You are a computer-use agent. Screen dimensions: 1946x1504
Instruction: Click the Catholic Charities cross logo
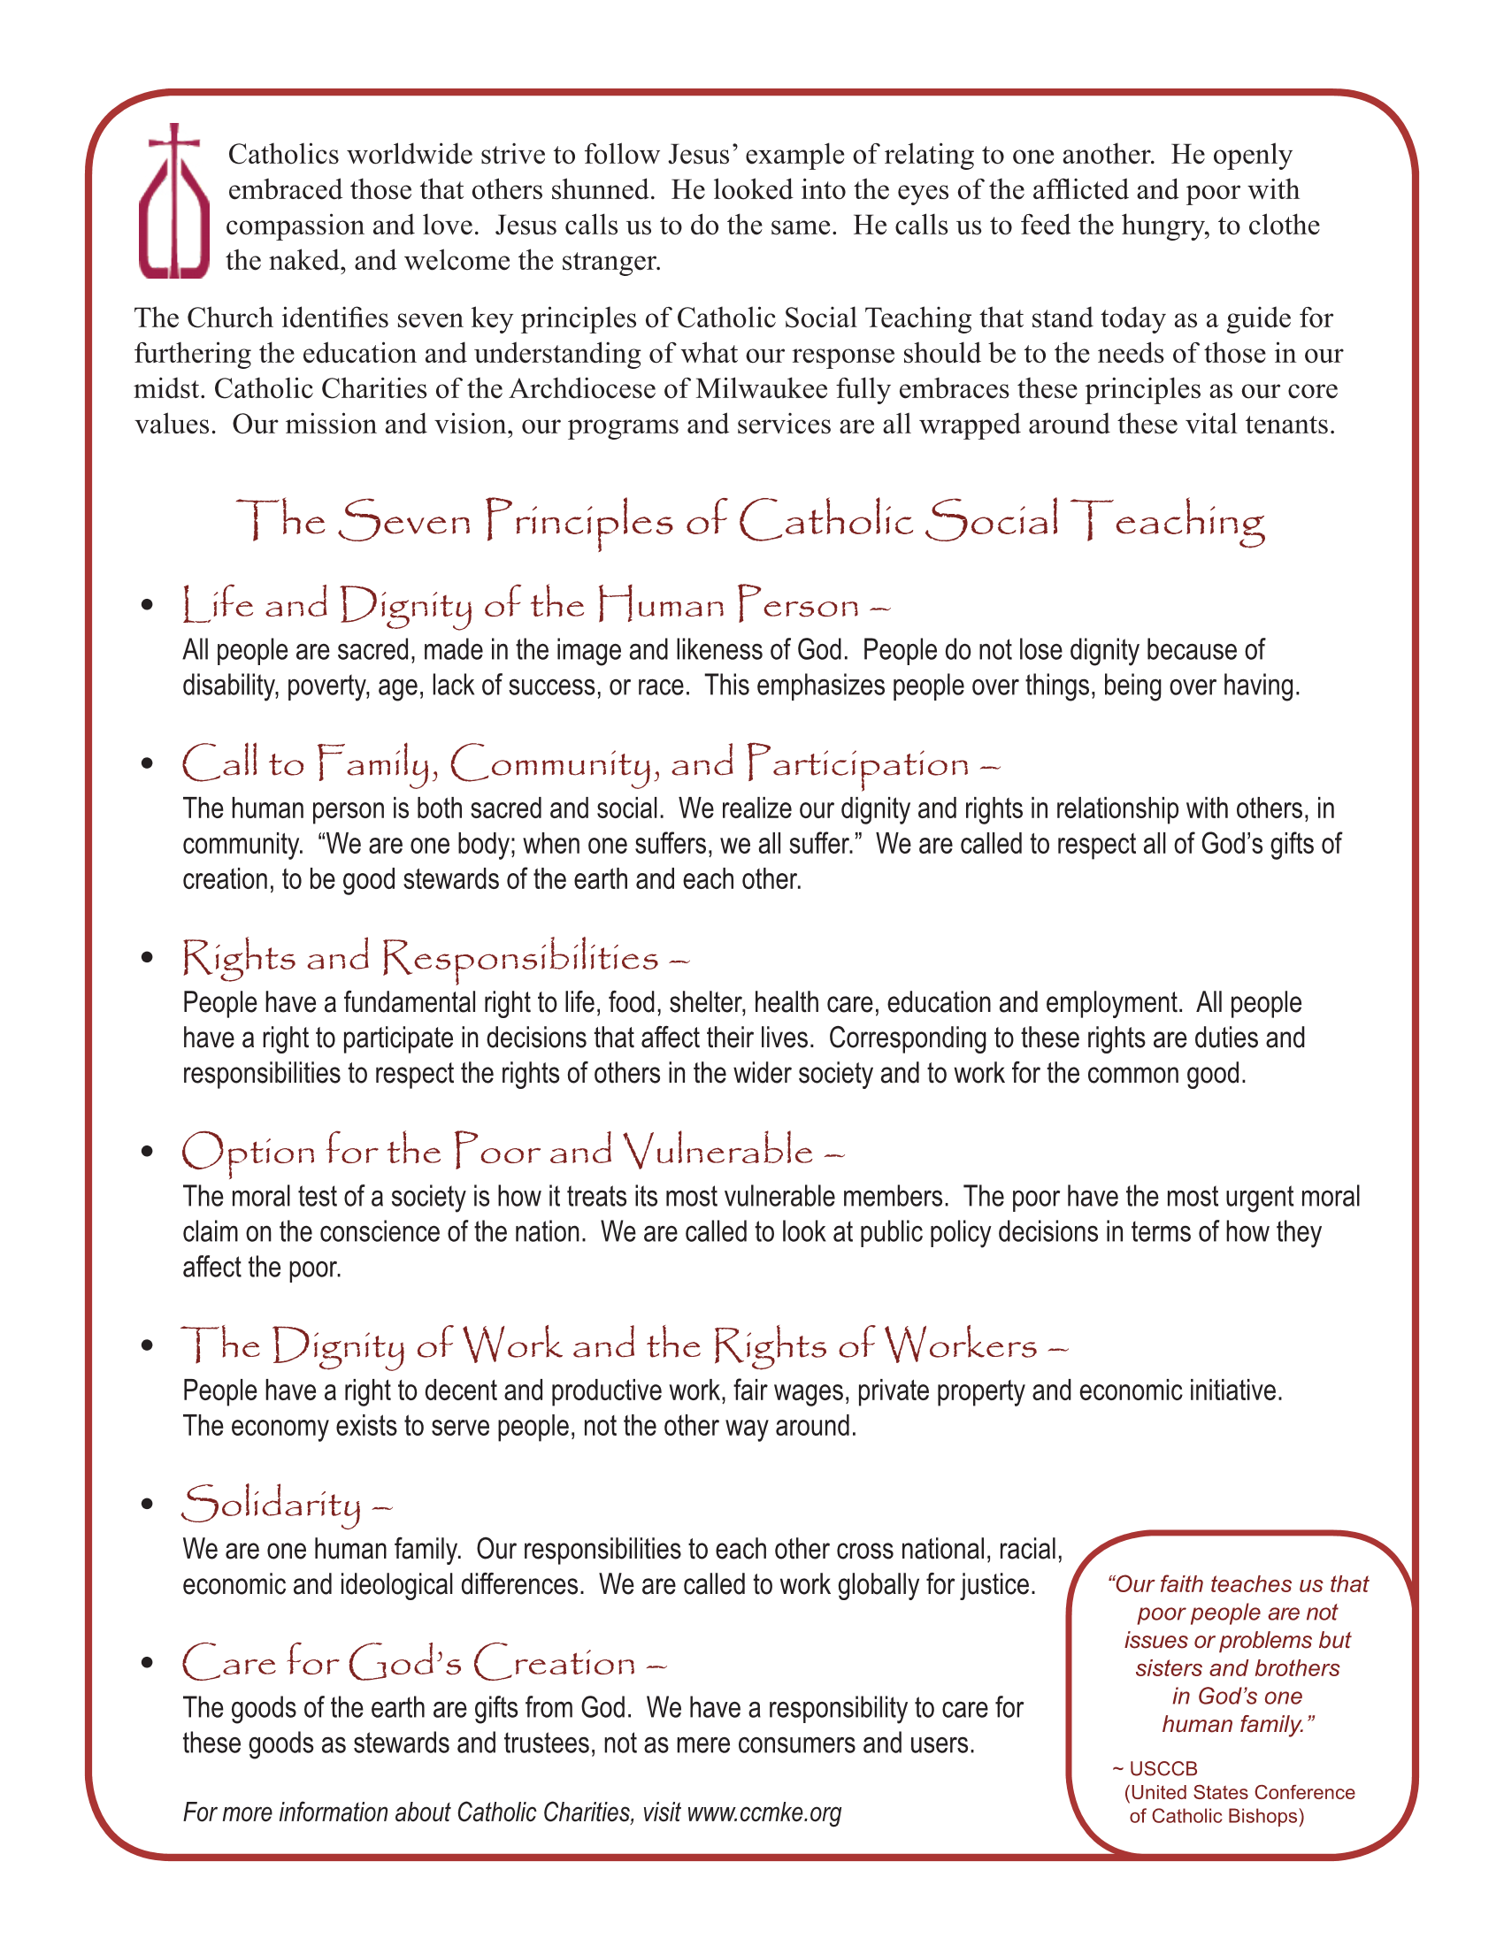click(x=173, y=203)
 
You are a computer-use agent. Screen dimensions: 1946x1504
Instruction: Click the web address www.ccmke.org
click(x=764, y=1812)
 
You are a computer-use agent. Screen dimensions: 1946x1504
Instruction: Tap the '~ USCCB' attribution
click(x=1155, y=1769)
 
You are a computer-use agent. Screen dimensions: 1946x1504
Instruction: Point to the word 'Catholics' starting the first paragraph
click(x=283, y=155)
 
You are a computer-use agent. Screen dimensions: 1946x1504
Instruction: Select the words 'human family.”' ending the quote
click(x=1239, y=1724)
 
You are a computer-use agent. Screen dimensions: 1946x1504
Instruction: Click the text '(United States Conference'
click(x=1239, y=1792)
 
